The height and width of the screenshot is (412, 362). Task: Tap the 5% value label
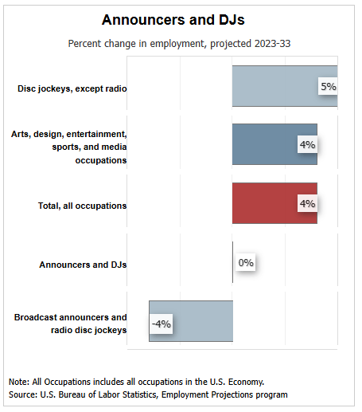[x=328, y=86]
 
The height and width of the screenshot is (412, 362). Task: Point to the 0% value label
[x=246, y=262]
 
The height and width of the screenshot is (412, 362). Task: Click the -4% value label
[x=162, y=323]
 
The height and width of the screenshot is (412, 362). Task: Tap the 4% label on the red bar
[x=307, y=203]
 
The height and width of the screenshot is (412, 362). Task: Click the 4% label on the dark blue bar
[x=307, y=145]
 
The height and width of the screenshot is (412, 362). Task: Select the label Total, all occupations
[x=83, y=205]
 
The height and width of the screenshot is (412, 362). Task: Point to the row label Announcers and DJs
[x=84, y=264]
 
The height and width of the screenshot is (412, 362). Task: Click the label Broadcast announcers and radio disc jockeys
[x=71, y=323]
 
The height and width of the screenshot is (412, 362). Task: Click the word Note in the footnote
[x=20, y=381]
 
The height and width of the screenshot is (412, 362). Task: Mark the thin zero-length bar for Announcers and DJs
[x=232, y=262]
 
